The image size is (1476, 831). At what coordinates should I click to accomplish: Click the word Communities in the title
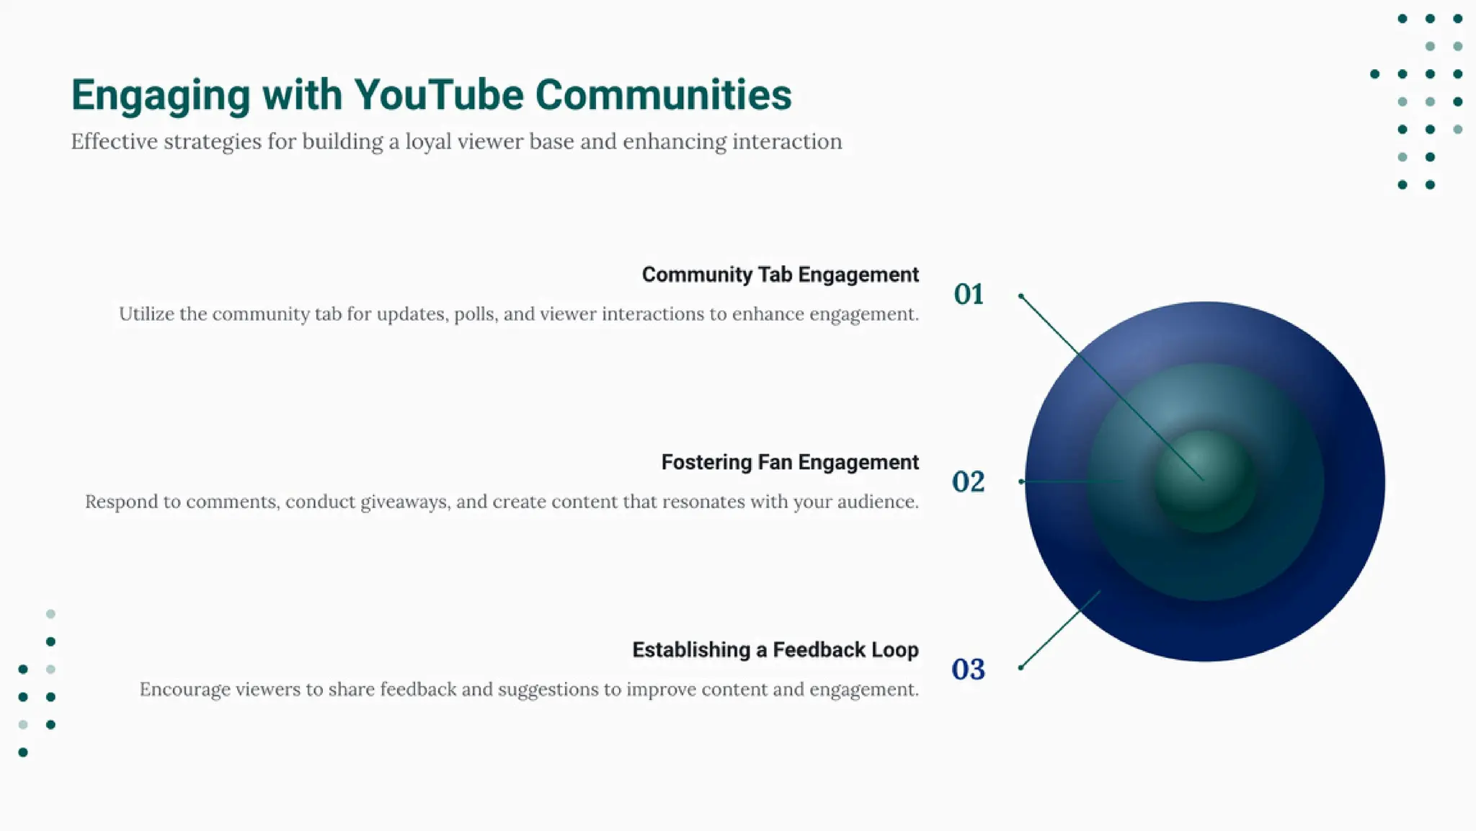tap(663, 95)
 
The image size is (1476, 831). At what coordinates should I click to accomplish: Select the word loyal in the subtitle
tap(428, 142)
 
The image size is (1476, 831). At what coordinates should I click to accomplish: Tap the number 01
tap(969, 294)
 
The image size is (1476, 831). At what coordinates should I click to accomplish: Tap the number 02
tap(968, 481)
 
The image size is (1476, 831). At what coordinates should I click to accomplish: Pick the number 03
tap(968, 670)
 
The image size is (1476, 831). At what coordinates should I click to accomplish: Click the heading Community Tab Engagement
tap(780, 275)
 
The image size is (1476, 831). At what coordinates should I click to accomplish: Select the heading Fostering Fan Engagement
tap(790, 462)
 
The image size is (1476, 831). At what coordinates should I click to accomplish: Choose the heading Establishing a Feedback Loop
tap(775, 650)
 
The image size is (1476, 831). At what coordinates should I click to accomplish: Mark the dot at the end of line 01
tap(1021, 296)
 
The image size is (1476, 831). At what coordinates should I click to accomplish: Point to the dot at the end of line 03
tap(1021, 668)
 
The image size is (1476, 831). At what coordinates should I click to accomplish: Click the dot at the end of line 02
tap(1021, 481)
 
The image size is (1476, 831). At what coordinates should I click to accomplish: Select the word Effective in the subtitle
tap(114, 142)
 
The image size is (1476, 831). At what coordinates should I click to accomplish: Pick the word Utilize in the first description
tap(146, 314)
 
